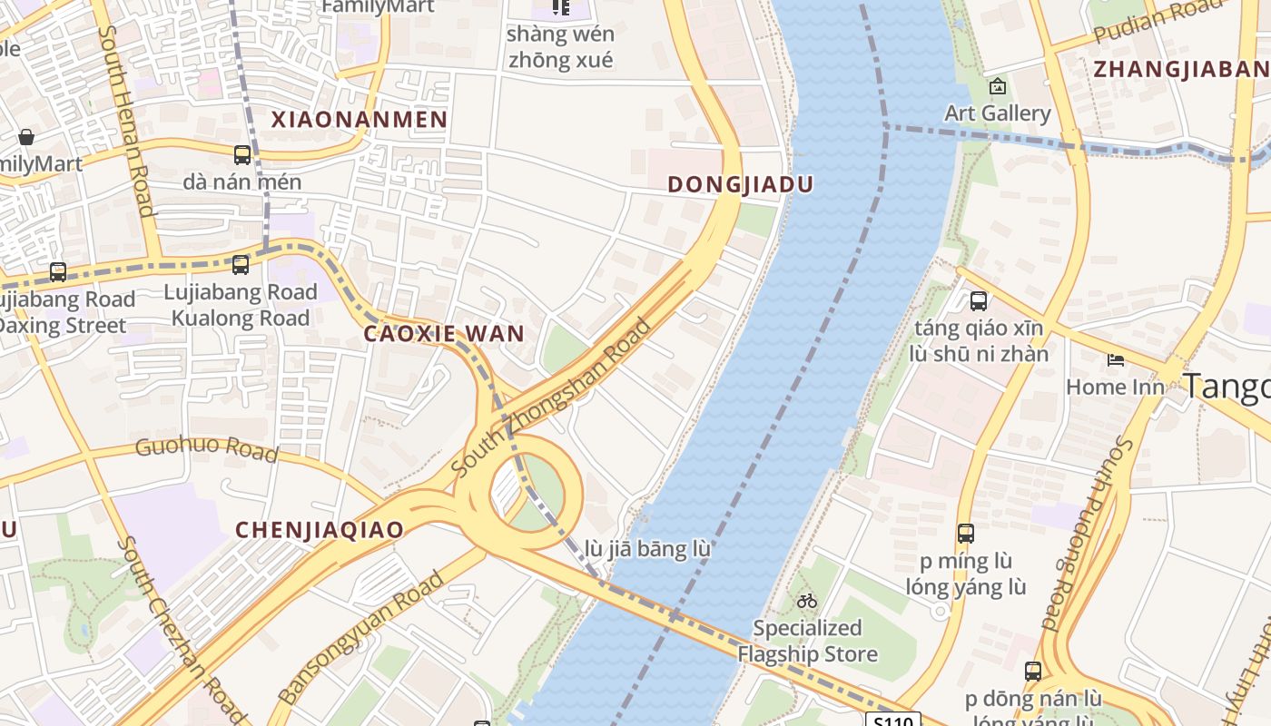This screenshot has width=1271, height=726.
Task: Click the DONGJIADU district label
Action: click(x=740, y=184)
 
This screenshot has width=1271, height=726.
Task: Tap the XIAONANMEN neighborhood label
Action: click(x=360, y=119)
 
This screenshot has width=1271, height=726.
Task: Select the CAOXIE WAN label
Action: click(x=444, y=333)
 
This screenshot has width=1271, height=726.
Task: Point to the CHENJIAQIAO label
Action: click(x=320, y=530)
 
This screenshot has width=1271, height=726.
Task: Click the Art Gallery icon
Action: click(x=998, y=87)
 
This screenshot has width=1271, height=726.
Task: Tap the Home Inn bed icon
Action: click(x=1115, y=360)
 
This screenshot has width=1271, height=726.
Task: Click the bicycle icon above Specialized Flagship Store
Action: click(x=806, y=601)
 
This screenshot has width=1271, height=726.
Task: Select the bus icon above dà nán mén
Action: click(x=241, y=155)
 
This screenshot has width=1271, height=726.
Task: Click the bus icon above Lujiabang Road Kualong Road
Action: click(x=241, y=265)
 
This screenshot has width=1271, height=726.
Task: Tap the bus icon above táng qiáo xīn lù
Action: click(x=979, y=301)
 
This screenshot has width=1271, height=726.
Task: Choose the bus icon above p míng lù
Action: click(x=966, y=534)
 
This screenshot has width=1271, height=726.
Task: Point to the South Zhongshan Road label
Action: click(x=552, y=397)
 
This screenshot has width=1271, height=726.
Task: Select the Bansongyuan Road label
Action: click(x=361, y=637)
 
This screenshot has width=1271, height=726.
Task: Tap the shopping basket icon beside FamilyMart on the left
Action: click(x=26, y=137)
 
